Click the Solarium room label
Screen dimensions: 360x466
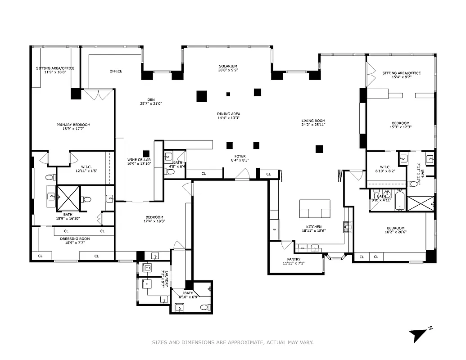[227, 66]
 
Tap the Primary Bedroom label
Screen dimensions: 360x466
[73, 125]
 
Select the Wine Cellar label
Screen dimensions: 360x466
[139, 160]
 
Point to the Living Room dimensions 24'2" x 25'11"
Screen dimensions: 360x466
[313, 125]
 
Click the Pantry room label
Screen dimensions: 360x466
[294, 259]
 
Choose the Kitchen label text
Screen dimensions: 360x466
[314, 227]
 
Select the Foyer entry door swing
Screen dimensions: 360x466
[244, 174]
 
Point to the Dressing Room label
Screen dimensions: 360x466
[75, 238]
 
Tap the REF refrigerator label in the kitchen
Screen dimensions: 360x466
[274, 229]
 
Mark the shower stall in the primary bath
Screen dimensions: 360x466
[68, 198]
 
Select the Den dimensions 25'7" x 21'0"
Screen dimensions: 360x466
[150, 103]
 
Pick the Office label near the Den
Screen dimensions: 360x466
[116, 71]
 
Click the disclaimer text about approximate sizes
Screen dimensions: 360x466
[233, 342]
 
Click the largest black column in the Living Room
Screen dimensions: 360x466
[320, 149]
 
